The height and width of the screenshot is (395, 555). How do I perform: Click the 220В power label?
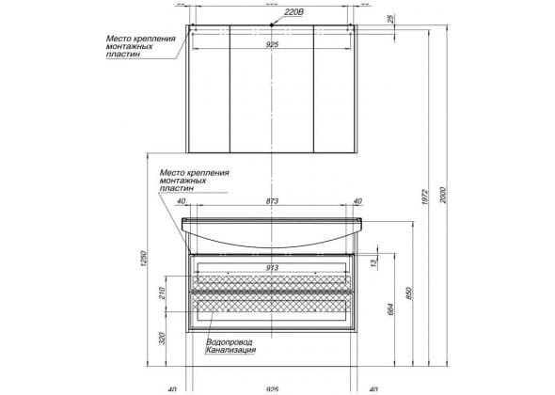(294, 12)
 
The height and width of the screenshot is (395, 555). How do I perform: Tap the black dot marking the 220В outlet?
(272, 24)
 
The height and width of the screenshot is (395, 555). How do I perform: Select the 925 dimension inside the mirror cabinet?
(272, 44)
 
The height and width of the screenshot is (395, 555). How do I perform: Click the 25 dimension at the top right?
(390, 19)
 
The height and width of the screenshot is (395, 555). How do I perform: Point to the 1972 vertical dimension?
(425, 197)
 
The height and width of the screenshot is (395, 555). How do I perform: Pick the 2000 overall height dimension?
(444, 195)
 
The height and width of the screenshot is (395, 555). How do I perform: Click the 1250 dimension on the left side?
(143, 259)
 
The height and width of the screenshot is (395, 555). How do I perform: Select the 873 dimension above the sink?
(272, 201)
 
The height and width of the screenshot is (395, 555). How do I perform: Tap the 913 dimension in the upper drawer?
(272, 268)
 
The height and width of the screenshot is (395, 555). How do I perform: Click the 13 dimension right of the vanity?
(373, 262)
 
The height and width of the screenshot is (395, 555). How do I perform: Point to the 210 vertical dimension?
(162, 293)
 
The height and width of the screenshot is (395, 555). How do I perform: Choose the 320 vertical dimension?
(162, 339)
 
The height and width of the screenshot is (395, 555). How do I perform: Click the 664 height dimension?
(390, 309)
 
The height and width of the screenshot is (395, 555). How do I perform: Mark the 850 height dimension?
(409, 293)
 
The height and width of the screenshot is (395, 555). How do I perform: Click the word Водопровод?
(229, 342)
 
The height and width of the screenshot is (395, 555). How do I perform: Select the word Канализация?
(230, 350)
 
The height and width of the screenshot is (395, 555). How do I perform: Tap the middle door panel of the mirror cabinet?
(272, 88)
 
